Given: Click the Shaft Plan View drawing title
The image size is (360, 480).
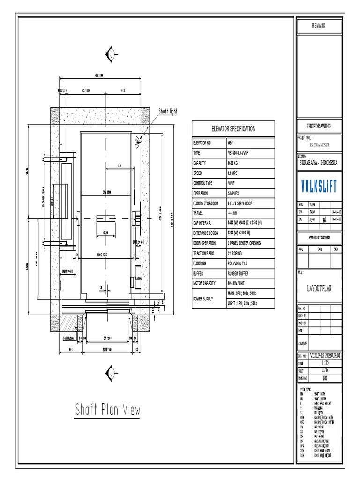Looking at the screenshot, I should [x=107, y=410].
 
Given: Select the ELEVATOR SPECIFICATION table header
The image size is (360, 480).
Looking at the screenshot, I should [x=233, y=129].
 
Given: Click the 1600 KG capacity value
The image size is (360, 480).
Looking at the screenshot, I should [x=235, y=163].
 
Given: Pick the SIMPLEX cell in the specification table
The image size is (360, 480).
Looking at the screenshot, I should [x=235, y=193].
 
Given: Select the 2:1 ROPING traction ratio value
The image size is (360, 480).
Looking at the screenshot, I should [x=237, y=253].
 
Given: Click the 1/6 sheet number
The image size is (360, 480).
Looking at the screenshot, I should [x=325, y=370].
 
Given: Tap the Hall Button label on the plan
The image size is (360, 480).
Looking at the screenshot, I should [x=69, y=338].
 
